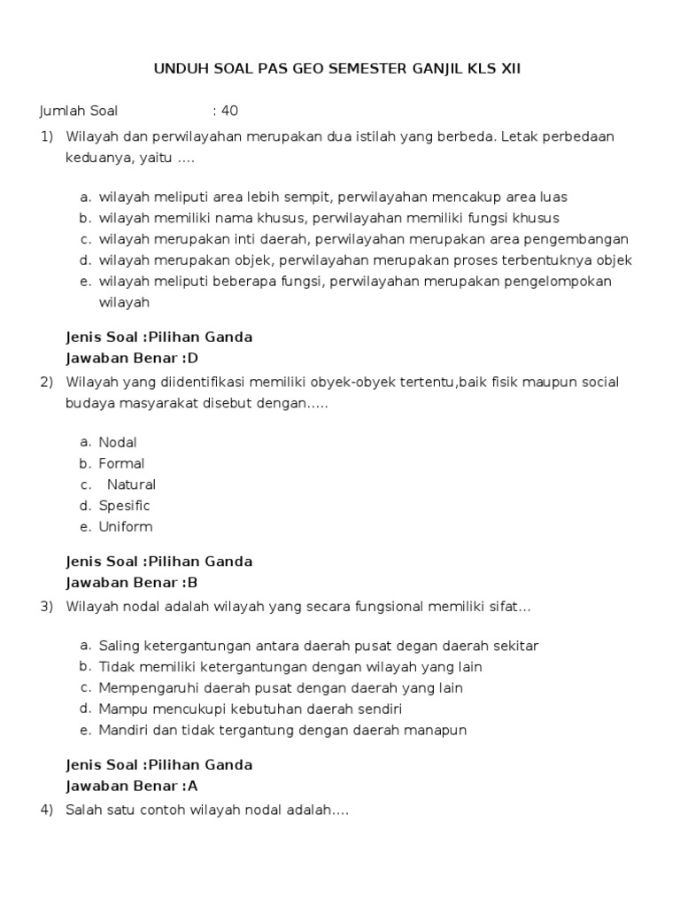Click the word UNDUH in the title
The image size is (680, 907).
(x=179, y=68)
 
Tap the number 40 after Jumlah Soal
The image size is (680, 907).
(x=229, y=111)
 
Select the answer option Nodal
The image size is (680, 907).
(x=118, y=442)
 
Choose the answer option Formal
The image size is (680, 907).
(x=121, y=463)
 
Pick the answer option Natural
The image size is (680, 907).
(x=131, y=485)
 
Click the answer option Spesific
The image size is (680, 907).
(x=124, y=506)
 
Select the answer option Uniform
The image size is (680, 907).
(x=126, y=527)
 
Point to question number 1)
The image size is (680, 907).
(x=47, y=136)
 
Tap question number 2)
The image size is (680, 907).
(x=47, y=382)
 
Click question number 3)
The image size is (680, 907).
(x=47, y=607)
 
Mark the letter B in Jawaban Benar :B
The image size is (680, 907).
(x=191, y=583)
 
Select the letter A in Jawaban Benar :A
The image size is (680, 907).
(x=192, y=786)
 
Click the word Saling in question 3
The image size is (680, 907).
(x=119, y=646)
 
